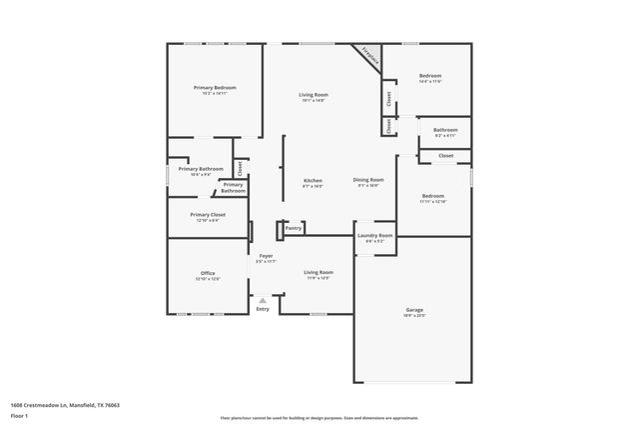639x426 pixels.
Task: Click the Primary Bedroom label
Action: pyautogui.click(x=215, y=88)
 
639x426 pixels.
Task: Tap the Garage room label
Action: pyautogui.click(x=414, y=310)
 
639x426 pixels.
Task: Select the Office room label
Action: pyautogui.click(x=208, y=273)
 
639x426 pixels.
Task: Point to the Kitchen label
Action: pyautogui.click(x=313, y=180)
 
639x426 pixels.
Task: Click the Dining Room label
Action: pyautogui.click(x=368, y=180)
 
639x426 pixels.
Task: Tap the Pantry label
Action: pyautogui.click(x=293, y=228)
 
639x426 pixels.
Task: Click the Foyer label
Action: pyautogui.click(x=267, y=256)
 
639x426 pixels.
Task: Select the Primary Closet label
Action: pyautogui.click(x=208, y=215)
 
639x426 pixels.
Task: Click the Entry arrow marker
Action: pyautogui.click(x=263, y=299)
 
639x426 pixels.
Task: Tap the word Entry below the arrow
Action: pyautogui.click(x=263, y=309)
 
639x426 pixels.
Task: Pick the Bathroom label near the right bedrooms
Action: pyautogui.click(x=445, y=130)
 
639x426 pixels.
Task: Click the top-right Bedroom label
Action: pyautogui.click(x=430, y=76)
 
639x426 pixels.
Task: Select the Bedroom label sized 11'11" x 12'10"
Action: pyautogui.click(x=433, y=196)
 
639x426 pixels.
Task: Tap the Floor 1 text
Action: pyautogui.click(x=19, y=415)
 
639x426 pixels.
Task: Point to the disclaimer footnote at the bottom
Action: pyautogui.click(x=319, y=416)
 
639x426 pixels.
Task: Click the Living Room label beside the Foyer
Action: pyautogui.click(x=319, y=272)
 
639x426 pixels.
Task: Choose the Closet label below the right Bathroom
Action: pyautogui.click(x=445, y=156)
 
